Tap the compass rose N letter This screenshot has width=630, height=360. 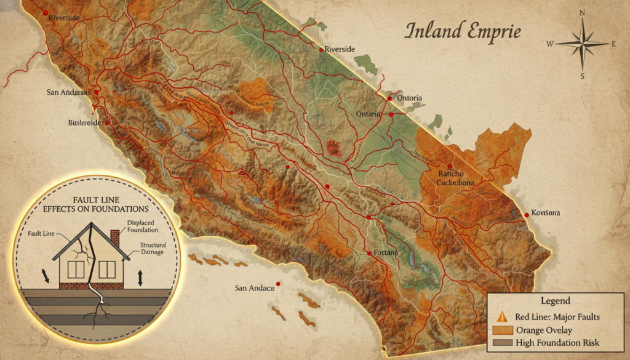click(x=582, y=13)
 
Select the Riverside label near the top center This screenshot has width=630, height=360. click(x=340, y=49)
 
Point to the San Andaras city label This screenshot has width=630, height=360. click(x=68, y=92)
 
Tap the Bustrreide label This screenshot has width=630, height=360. click(x=84, y=122)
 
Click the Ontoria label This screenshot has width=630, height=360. click(x=409, y=98)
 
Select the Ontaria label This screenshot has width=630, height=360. click(x=370, y=115)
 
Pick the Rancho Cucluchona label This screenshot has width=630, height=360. click(x=456, y=177)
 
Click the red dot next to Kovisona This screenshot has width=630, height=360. click(x=527, y=215)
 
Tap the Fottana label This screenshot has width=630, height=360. click(x=386, y=253)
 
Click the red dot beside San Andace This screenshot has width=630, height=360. click(x=279, y=284)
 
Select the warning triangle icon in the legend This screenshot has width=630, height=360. click(x=502, y=317)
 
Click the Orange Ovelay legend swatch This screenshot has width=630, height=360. click(x=501, y=330)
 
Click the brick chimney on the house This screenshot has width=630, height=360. click(x=114, y=238)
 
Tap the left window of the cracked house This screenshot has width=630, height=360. click(x=76, y=269)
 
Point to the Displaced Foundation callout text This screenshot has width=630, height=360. click(x=143, y=226)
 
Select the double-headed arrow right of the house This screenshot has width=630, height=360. click(x=140, y=278)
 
